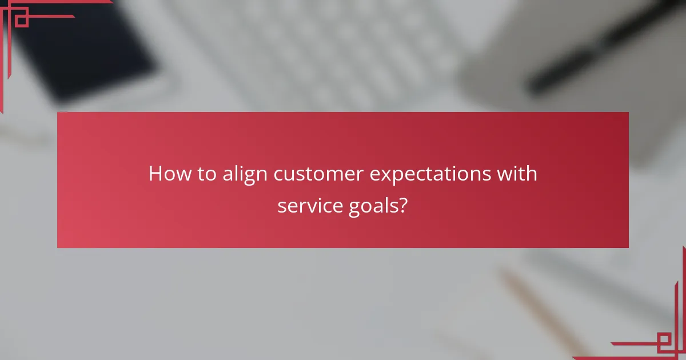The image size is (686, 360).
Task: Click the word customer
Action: [318, 174]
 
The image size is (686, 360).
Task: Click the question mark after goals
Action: [403, 206]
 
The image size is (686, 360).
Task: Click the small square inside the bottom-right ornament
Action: [664, 342]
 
